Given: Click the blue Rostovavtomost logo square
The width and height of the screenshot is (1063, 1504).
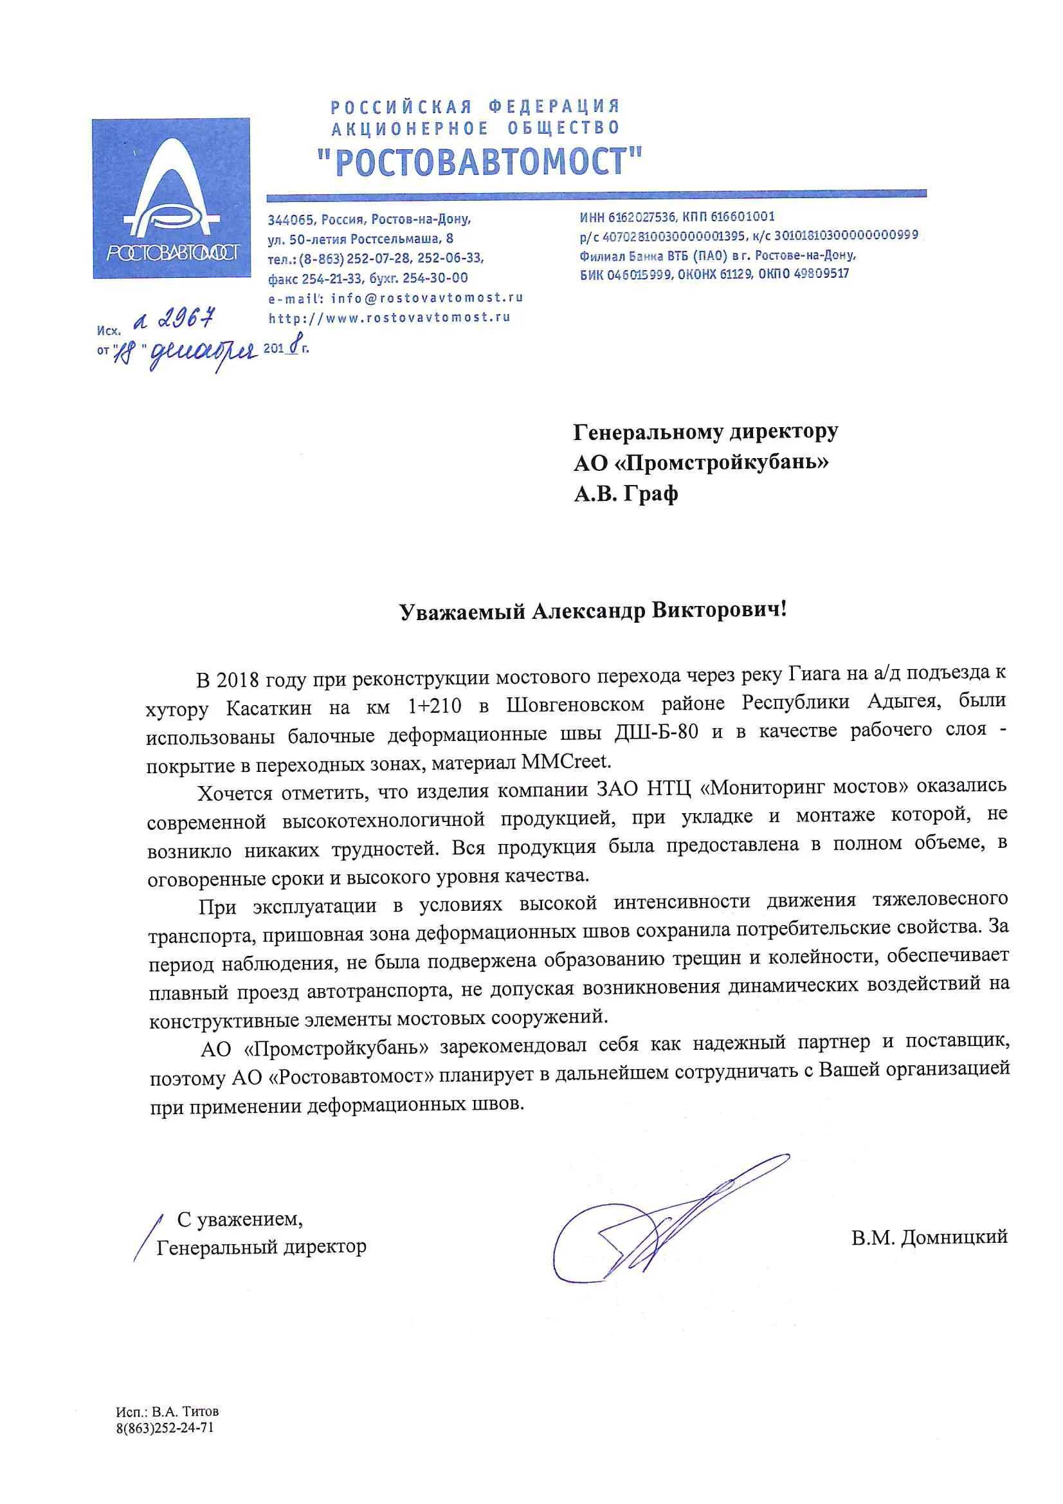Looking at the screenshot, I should tap(171, 198).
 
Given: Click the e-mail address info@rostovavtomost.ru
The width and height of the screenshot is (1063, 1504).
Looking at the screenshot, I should tap(426, 298).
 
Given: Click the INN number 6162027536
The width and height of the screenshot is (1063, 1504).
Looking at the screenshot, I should tap(642, 217).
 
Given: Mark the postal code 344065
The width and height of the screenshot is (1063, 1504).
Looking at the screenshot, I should tap(290, 219).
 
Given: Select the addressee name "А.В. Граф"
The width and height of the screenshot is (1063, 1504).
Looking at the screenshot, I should tap(626, 493).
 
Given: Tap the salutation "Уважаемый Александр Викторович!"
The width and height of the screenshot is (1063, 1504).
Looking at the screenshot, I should tap(593, 610).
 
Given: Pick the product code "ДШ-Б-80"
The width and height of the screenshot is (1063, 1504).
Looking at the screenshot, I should tap(657, 731).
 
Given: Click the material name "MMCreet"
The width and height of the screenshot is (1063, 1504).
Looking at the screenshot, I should tap(566, 761).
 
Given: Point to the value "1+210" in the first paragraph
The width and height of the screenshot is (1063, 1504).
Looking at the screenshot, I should tap(434, 706).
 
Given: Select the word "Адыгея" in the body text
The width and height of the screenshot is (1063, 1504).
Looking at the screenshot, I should tap(904, 702).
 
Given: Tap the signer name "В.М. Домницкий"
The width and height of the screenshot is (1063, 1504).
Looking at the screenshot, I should tap(929, 1238).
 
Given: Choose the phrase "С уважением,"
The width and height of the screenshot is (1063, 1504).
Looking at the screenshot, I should tap(240, 1219).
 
